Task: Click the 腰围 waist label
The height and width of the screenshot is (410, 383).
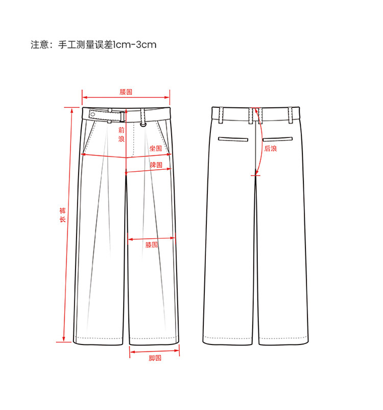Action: pyautogui.click(x=126, y=92)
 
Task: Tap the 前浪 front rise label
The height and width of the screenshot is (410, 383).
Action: pyautogui.click(x=121, y=134)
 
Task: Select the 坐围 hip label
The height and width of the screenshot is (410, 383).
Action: pyautogui.click(x=155, y=148)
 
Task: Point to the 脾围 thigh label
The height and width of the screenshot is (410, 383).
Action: pyautogui.click(x=156, y=165)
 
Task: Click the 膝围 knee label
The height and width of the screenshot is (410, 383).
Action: pyautogui.click(x=151, y=245)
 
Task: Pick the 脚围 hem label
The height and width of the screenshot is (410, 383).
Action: pyautogui.click(x=155, y=358)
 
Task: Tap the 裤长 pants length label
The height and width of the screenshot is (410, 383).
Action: pyautogui.click(x=62, y=215)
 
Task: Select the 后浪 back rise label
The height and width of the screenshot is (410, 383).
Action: pyautogui.click(x=270, y=149)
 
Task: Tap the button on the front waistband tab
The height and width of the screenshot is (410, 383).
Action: pyautogui.click(x=93, y=113)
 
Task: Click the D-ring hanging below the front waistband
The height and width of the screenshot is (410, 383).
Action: pyautogui.click(x=143, y=123)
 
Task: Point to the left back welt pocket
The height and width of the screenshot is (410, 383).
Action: pyautogui.click(x=233, y=139)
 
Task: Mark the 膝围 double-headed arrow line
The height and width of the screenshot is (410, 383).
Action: pyautogui.click(x=151, y=239)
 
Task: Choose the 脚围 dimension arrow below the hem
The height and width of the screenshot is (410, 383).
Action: pyautogui.click(x=155, y=351)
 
